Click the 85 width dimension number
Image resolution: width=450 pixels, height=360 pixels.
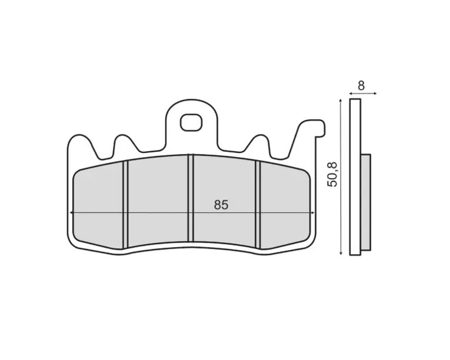point(221,205)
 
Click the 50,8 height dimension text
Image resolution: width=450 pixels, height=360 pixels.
point(332,175)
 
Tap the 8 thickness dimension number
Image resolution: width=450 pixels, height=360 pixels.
point(361,85)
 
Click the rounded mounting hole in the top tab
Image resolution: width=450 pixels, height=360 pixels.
point(191,122)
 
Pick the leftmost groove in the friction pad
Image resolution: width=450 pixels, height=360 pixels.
point(125,205)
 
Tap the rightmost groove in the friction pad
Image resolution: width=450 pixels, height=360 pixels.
point(258,205)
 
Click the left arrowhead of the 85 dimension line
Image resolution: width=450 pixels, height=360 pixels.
point(71,213)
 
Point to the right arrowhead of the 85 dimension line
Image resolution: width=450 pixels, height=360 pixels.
point(313,213)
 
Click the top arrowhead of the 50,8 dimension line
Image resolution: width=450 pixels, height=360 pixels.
point(341,101)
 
